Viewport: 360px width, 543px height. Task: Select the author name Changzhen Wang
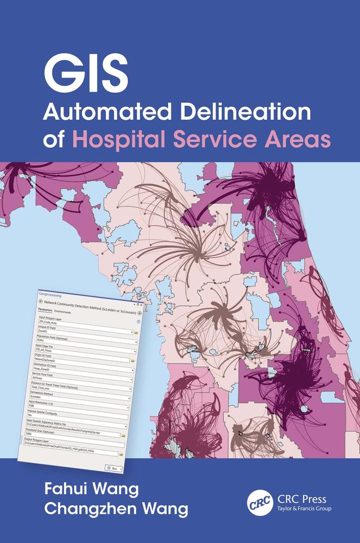(115, 510)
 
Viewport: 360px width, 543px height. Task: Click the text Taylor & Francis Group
(304, 508)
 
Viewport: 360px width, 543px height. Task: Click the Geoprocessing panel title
(51, 294)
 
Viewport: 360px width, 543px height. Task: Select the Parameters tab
(45, 310)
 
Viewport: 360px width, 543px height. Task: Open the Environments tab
(63, 311)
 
